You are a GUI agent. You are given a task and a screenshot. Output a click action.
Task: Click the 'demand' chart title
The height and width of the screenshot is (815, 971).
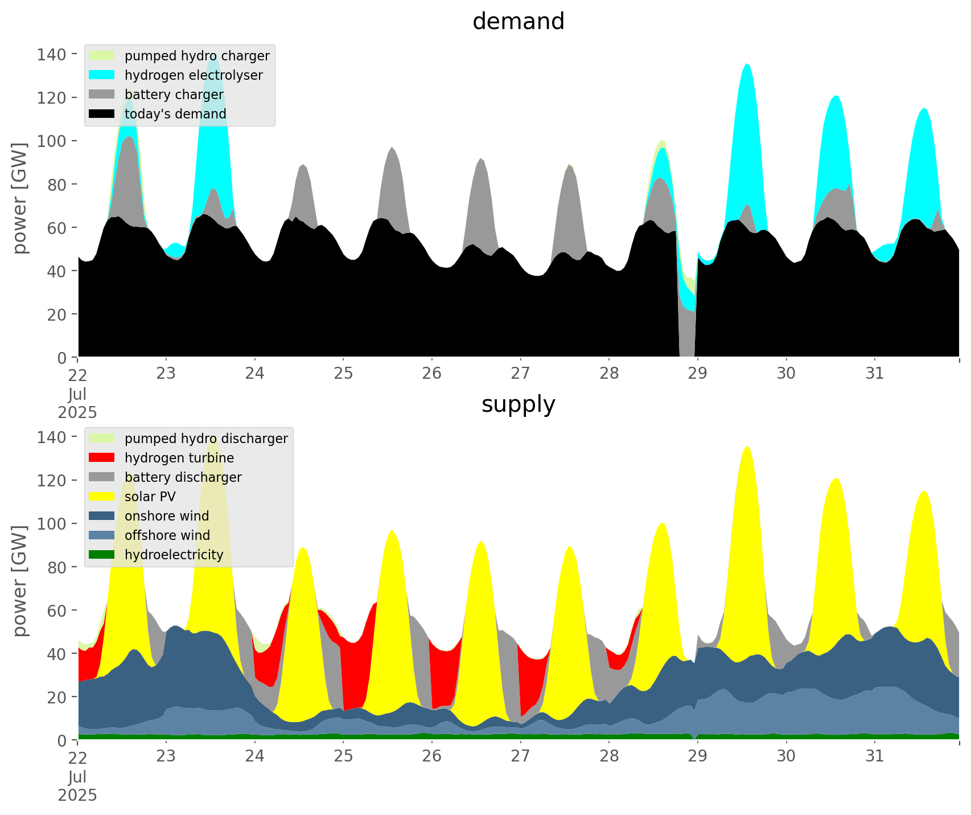pos(518,22)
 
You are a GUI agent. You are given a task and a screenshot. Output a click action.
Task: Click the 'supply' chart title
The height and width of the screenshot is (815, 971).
pos(518,404)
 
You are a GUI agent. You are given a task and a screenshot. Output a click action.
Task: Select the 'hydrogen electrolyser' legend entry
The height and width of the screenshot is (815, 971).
pos(194,75)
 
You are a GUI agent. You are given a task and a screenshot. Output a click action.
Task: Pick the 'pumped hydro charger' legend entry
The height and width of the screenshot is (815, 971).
pos(197,56)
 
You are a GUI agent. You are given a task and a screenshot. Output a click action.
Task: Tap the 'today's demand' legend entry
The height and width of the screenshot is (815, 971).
pos(175,114)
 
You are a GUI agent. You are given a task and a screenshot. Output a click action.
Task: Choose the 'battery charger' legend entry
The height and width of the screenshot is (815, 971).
pos(174,95)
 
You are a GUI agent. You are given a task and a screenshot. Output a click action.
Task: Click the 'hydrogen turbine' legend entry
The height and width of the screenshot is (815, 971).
pos(179,458)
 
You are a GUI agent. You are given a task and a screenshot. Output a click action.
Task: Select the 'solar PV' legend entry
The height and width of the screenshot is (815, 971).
pos(150,497)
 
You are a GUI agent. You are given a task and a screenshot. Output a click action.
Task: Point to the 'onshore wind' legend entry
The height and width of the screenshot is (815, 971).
pos(167,516)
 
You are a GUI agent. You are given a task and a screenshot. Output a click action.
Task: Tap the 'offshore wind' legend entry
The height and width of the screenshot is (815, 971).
pos(167,535)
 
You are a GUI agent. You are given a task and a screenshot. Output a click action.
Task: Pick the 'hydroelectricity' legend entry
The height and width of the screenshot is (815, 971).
pos(174,555)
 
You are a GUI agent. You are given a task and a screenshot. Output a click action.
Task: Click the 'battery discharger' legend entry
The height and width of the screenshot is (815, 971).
pos(183,477)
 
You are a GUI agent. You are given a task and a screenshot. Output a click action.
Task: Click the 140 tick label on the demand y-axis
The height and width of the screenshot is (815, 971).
pos(52,54)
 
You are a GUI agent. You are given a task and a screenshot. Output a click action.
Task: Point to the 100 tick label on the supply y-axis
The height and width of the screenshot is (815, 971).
pos(52,523)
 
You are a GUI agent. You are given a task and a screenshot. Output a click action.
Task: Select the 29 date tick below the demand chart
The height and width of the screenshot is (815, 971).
pos(697,374)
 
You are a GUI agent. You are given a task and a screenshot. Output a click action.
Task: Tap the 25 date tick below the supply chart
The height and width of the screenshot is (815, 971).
pos(343,756)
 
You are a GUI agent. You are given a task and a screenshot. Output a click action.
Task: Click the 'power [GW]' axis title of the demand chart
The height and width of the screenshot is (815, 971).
pos(20,198)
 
